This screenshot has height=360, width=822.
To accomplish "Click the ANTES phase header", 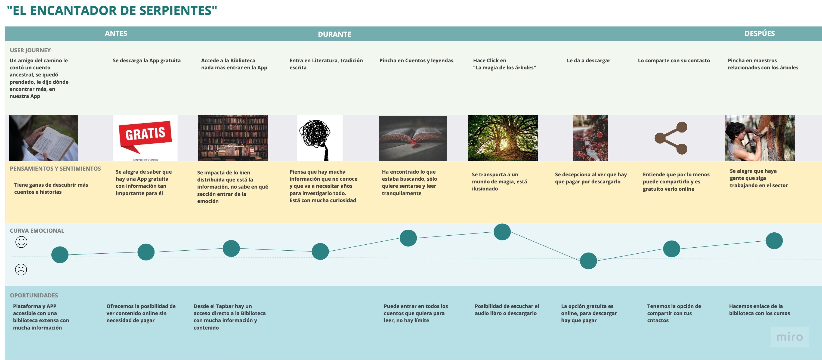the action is (116, 33).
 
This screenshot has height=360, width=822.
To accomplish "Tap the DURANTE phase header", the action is (334, 34).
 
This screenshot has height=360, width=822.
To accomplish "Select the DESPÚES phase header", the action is (759, 33).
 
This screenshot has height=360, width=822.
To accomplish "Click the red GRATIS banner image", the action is (145, 138).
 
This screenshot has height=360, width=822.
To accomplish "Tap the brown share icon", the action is (671, 138).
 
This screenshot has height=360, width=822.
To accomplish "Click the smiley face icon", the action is (21, 242).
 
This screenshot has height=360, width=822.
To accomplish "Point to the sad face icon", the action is (21, 270).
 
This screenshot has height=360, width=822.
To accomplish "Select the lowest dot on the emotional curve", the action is (588, 261).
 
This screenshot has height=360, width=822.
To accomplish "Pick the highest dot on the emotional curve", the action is (502, 232).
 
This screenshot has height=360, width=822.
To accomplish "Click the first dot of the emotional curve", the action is (60, 255).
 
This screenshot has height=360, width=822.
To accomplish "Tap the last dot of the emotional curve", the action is (774, 241).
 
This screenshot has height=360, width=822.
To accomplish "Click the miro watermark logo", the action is (790, 337).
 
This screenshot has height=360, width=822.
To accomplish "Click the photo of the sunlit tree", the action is (503, 138).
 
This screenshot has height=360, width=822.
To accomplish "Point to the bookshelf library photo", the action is (233, 138).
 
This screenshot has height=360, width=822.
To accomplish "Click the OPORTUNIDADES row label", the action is (34, 296).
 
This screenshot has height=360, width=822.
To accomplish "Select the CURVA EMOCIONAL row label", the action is (37, 231).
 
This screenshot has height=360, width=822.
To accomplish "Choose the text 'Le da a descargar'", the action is (588, 61).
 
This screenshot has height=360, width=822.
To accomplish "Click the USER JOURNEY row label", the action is (30, 50).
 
